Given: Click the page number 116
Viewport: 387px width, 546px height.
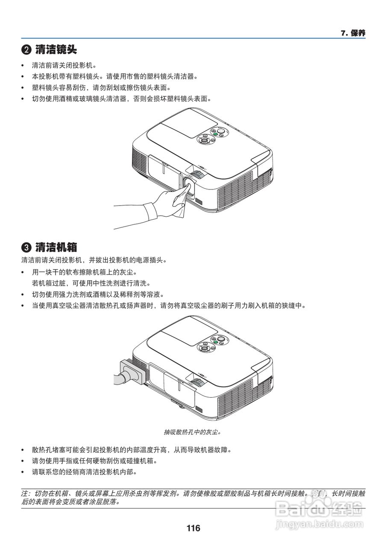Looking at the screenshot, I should click(193, 528).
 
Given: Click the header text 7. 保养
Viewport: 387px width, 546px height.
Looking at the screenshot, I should click(353, 33).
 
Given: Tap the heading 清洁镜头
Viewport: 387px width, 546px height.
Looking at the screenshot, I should click(56, 49).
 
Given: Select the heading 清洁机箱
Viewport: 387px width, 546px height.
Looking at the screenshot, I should click(56, 247).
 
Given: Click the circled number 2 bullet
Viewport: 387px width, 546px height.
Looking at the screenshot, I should click(26, 50).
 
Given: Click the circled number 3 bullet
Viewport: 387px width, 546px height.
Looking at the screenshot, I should click(26, 247).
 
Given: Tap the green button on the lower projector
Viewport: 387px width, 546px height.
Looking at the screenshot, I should click(215, 342).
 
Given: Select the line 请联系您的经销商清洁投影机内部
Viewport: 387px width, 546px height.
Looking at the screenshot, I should click(85, 472).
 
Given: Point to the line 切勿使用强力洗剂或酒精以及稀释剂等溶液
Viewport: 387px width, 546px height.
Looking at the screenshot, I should click(98, 294).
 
